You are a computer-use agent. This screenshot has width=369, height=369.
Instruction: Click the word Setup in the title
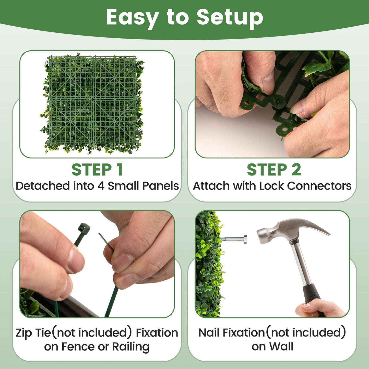click(230, 17)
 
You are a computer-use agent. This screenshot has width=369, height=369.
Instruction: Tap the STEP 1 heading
click(97, 170)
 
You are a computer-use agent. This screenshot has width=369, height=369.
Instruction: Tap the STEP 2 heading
click(274, 170)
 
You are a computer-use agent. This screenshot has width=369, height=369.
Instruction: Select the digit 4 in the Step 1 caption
click(101, 186)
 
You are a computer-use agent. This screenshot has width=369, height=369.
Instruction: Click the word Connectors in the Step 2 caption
click(319, 186)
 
